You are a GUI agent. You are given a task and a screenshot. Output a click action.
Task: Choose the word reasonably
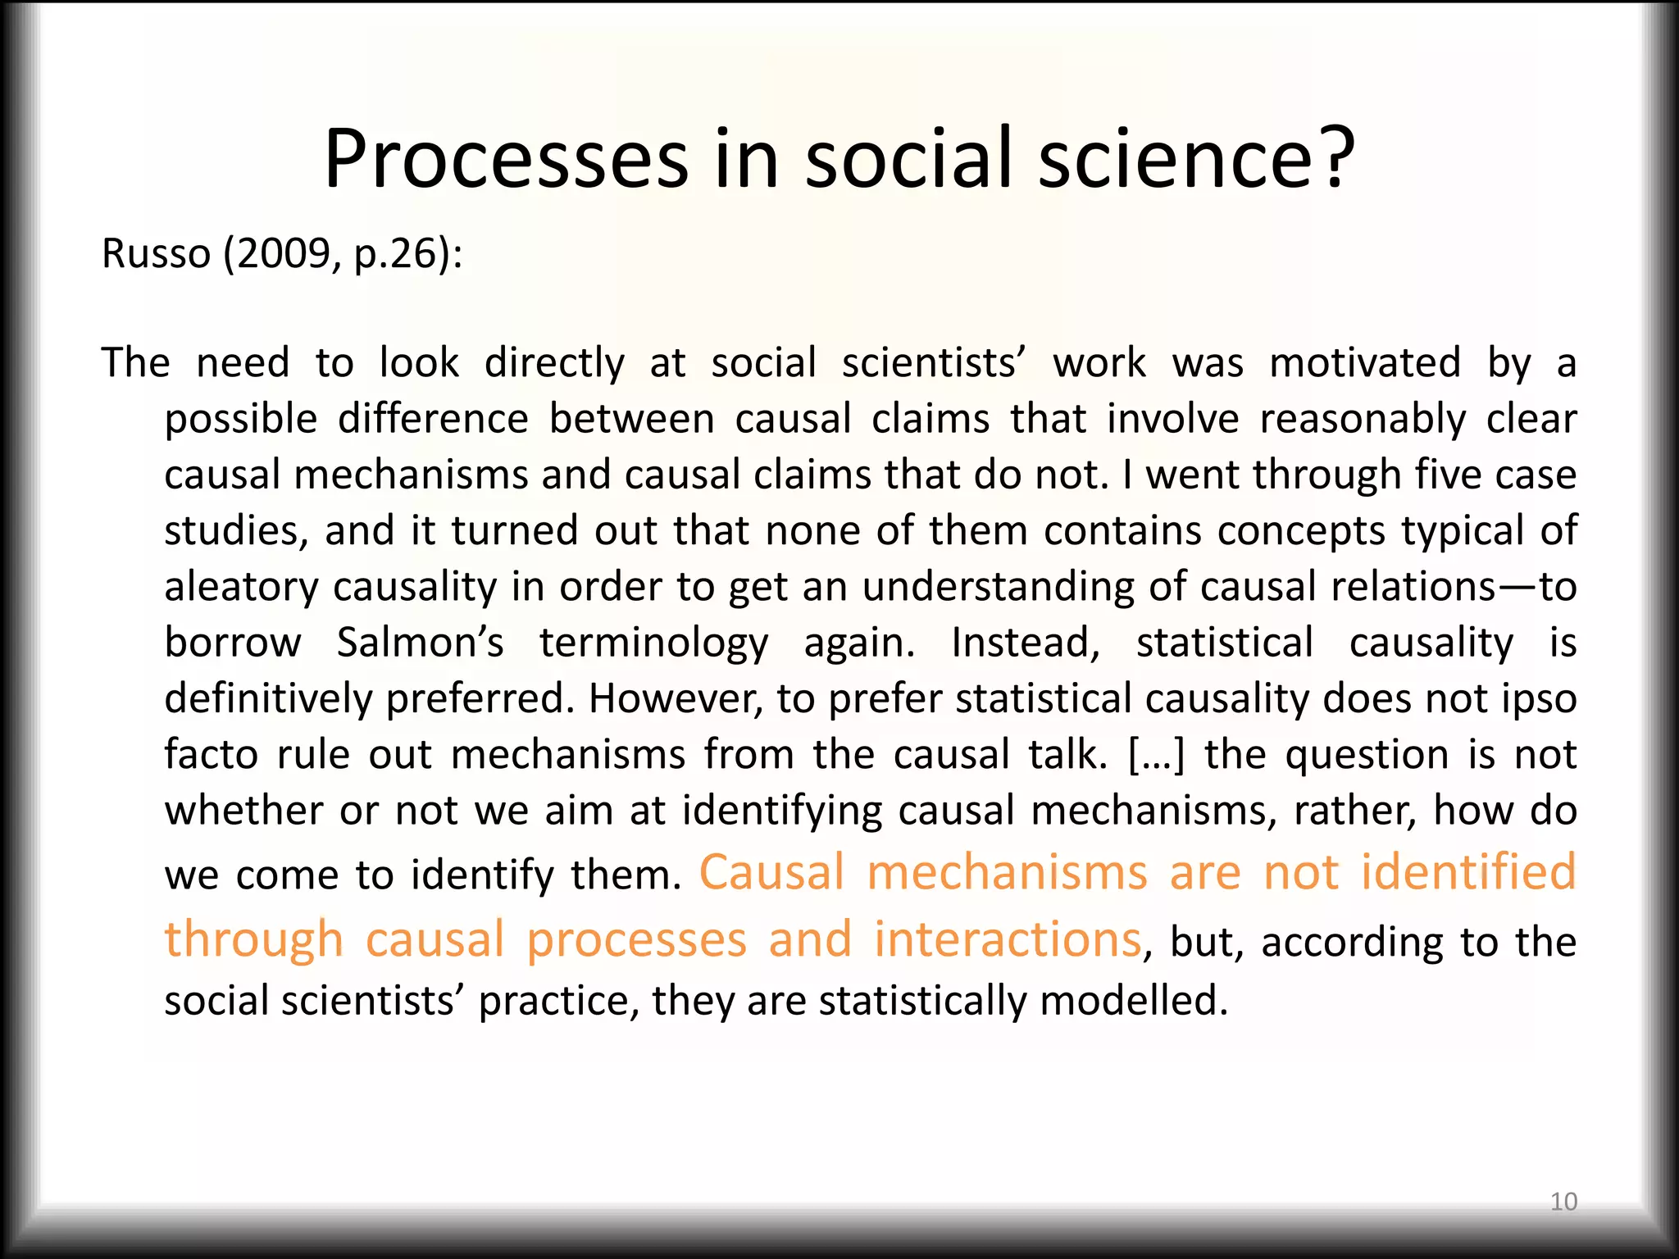pyautogui.click(x=1363, y=420)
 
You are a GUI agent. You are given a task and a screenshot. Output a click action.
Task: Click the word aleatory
pyautogui.click(x=240, y=588)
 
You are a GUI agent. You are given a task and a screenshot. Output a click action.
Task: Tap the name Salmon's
pyautogui.click(x=420, y=643)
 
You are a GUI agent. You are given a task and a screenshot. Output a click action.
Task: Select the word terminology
pyautogui.click(x=653, y=644)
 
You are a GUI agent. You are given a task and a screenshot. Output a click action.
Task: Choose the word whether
pyautogui.click(x=243, y=811)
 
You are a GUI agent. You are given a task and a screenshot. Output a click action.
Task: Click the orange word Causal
pyautogui.click(x=771, y=872)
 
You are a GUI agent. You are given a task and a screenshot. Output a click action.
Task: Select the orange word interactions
pyautogui.click(x=1007, y=939)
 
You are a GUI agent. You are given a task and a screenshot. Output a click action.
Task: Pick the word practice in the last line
pyautogui.click(x=553, y=1001)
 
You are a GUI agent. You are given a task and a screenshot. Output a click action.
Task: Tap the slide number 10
pyautogui.click(x=1563, y=1202)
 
